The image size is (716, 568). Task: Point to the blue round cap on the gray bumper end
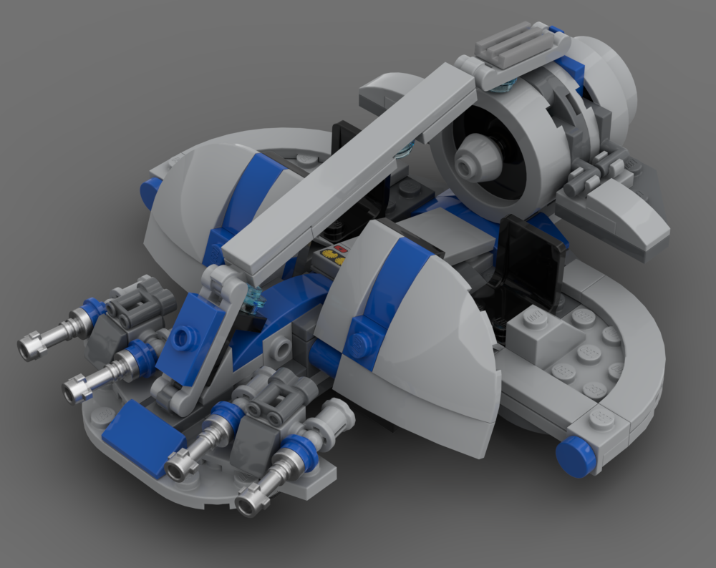click(x=576, y=456)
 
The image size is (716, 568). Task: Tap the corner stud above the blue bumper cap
click(x=601, y=418)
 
